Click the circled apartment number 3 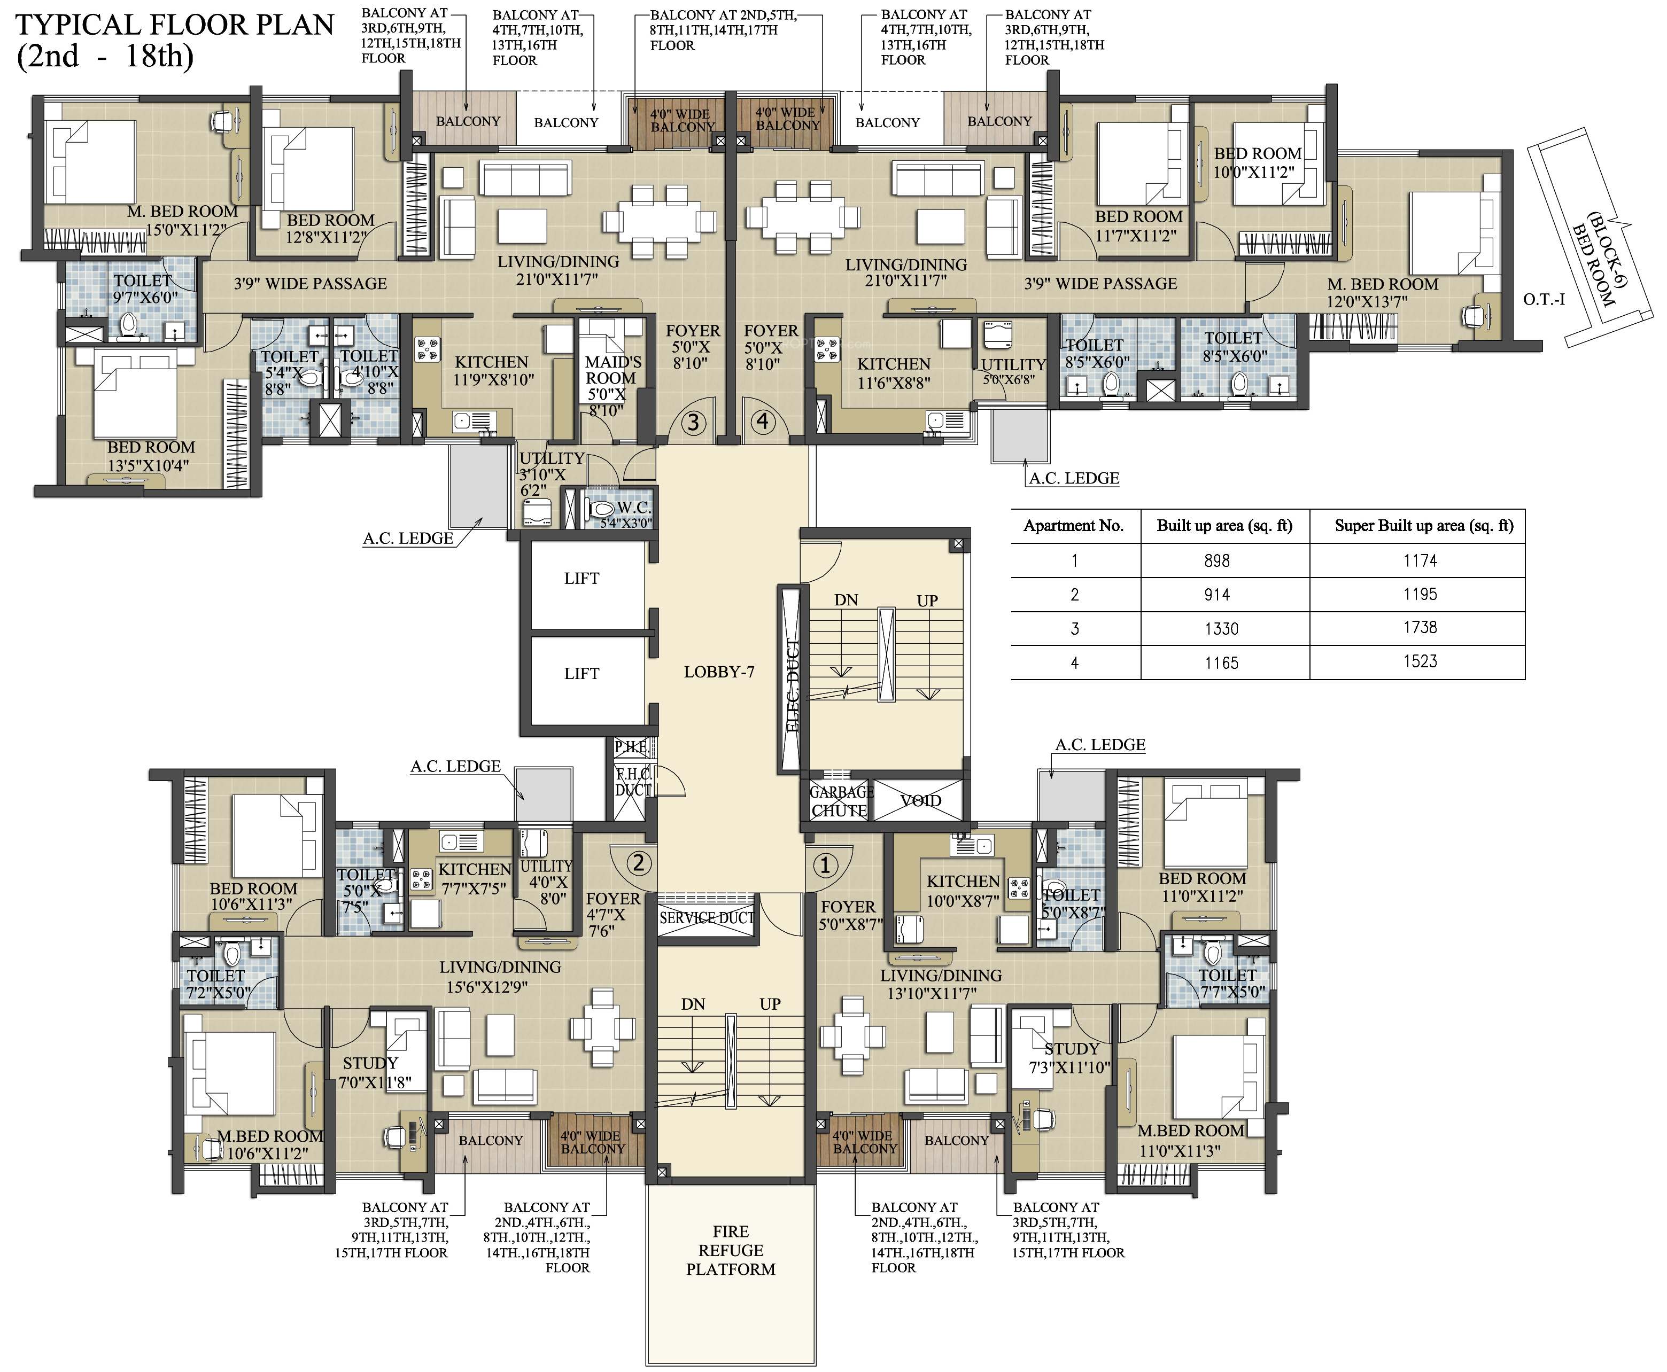pyautogui.click(x=693, y=423)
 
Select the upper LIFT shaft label pyautogui.click(x=581, y=579)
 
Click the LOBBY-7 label pyautogui.click(x=718, y=672)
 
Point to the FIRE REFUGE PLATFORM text pyautogui.click(x=731, y=1250)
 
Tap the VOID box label pyautogui.click(x=921, y=800)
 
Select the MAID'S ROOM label pyautogui.click(x=612, y=370)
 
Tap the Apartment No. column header pyautogui.click(x=1073, y=526)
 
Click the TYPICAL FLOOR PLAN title pyautogui.click(x=175, y=25)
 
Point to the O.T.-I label pyautogui.click(x=1544, y=300)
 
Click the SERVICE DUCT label pyautogui.click(x=707, y=917)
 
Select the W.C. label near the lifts pyautogui.click(x=633, y=508)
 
